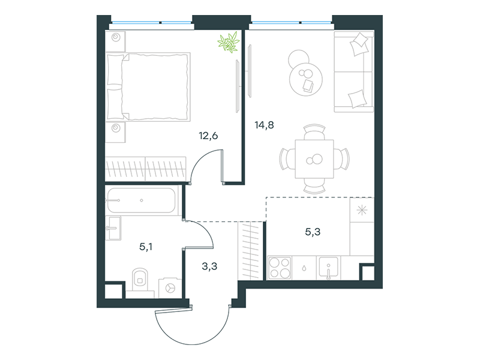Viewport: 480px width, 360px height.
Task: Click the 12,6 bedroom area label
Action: [208, 136]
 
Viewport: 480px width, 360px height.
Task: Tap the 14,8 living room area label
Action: [264, 125]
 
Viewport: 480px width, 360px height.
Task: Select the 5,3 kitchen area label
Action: [313, 232]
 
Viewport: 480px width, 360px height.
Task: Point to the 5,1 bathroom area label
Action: [146, 247]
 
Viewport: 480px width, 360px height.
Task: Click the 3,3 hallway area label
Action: [209, 266]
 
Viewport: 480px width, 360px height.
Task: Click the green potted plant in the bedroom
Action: [229, 41]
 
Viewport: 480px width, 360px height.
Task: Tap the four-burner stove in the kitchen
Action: [280, 268]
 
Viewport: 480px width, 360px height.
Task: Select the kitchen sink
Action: [328, 268]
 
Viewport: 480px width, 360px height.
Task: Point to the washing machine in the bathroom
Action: [170, 288]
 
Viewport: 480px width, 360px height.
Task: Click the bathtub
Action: [141, 200]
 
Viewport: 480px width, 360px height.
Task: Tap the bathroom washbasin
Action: [113, 228]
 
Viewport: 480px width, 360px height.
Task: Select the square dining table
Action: [314, 159]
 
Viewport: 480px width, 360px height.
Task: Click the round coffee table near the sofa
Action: [305, 79]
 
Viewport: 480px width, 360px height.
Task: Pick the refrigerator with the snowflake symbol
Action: [362, 210]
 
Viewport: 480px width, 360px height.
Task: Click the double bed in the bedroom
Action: [148, 86]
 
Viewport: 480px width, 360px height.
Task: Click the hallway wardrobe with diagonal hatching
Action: [250, 250]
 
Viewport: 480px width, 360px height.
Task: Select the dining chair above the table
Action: [314, 131]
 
